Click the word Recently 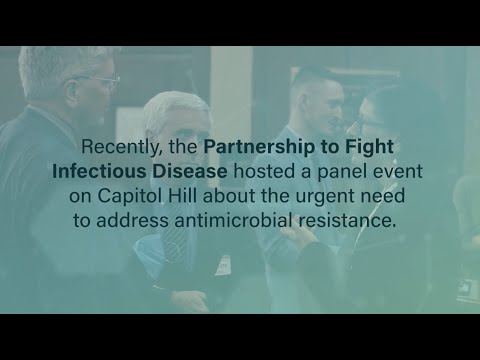pyautogui.click(x=121, y=147)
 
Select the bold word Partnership pyautogui.click(x=254, y=147)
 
